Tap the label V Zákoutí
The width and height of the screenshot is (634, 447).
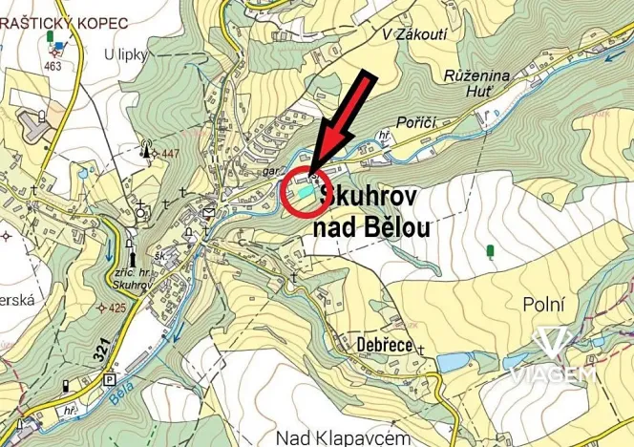[x=414, y=33]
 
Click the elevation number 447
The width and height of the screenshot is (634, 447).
[x=172, y=154]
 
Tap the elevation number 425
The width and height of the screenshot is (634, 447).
[x=116, y=308]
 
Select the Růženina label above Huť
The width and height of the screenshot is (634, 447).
[x=478, y=74]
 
